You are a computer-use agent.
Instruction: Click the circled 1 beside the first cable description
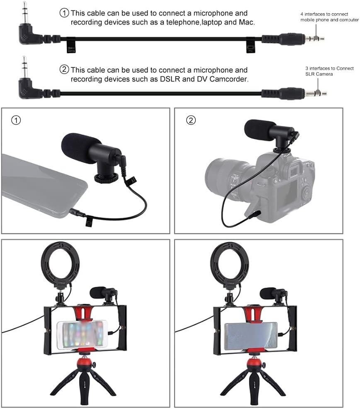[x=65, y=13]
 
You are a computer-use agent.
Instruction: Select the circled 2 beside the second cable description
[x=65, y=70]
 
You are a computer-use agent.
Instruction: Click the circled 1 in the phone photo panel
[x=16, y=121]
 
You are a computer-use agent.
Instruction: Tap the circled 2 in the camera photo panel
[x=191, y=121]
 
